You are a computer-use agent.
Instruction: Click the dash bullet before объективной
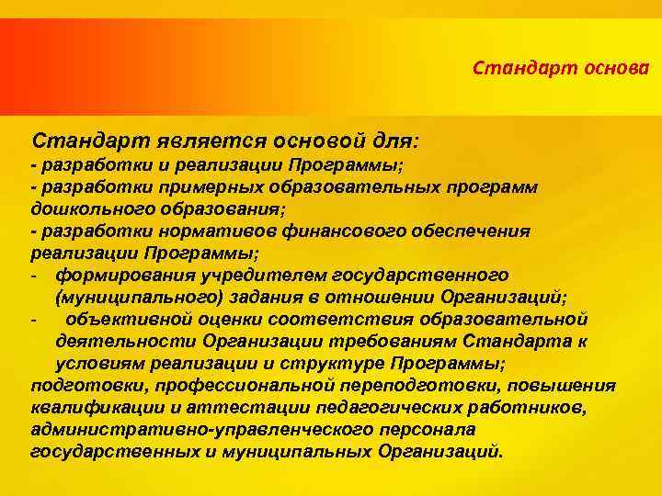coord(34,319)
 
